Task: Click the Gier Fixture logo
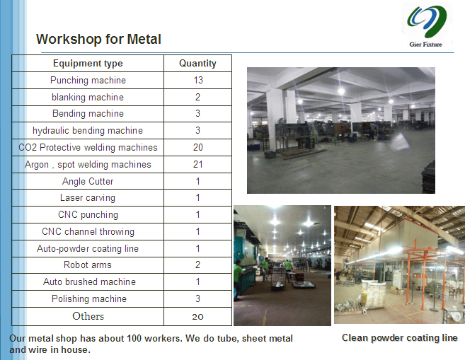click(427, 26)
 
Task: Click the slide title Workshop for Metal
click(98, 39)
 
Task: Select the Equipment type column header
click(88, 64)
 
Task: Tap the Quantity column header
click(197, 64)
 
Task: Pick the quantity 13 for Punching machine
click(198, 81)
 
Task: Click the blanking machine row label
click(88, 97)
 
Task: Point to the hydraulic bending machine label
click(88, 131)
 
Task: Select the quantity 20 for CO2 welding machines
click(198, 148)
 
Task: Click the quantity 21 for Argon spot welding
click(198, 165)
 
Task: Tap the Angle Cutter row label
click(88, 181)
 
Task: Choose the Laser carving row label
click(88, 198)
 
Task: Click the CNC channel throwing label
click(88, 232)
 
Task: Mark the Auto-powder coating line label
click(88, 248)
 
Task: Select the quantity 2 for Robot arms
click(197, 265)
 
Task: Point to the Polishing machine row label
click(89, 298)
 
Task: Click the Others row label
click(88, 316)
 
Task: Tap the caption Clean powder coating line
click(400, 338)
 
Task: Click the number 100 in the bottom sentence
click(134, 338)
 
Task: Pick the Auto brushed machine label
click(89, 281)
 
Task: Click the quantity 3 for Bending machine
click(197, 113)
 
